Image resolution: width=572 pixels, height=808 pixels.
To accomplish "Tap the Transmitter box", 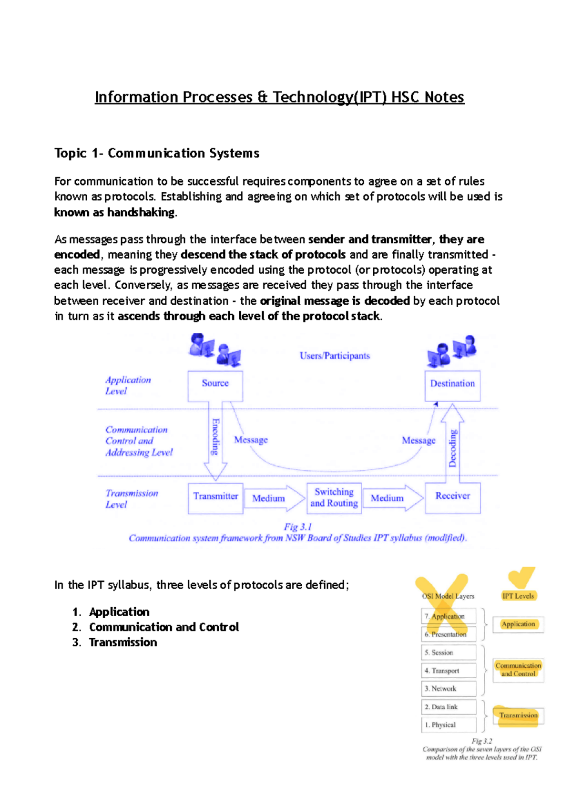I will (215, 498).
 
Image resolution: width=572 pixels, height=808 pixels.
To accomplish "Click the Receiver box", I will (452, 498).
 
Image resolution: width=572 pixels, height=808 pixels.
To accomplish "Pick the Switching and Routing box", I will (334, 498).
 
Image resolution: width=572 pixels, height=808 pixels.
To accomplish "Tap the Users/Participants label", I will (335, 356).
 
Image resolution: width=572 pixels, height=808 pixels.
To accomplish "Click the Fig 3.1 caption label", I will (298, 527).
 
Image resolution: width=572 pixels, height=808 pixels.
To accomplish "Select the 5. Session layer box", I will (449, 653).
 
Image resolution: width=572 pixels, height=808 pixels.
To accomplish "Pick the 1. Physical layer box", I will (449, 725).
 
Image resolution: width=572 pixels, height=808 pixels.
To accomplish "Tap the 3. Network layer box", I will (449, 689).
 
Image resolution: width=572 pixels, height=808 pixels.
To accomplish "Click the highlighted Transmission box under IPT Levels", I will (518, 715).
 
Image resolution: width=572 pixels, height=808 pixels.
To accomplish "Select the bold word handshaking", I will (141, 212).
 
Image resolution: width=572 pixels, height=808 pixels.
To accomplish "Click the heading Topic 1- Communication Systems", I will (157, 153).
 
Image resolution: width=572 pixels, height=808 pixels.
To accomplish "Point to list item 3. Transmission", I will (115, 642).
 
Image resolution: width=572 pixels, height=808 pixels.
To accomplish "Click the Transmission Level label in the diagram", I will (131, 499).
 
